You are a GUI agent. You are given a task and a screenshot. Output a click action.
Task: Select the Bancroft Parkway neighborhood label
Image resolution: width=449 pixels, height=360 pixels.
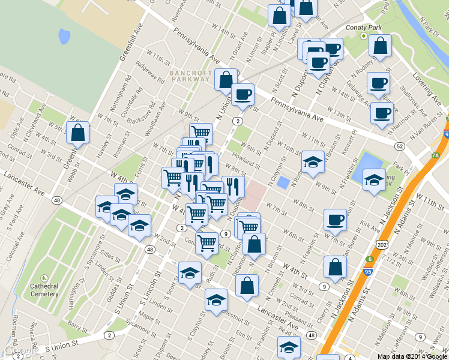coord(190,76)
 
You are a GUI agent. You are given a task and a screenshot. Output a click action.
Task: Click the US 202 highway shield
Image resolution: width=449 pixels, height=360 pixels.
coord(382,245)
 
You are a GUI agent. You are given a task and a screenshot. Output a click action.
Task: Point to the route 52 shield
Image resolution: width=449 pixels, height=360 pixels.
coord(399,146)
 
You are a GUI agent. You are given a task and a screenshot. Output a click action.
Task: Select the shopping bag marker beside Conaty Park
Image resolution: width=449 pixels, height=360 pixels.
coord(381,46)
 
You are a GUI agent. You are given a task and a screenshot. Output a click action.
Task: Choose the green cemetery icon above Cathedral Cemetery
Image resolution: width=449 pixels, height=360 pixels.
coord(44,278)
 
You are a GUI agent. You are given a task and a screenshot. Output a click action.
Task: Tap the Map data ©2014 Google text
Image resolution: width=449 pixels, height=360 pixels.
coord(412,356)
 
